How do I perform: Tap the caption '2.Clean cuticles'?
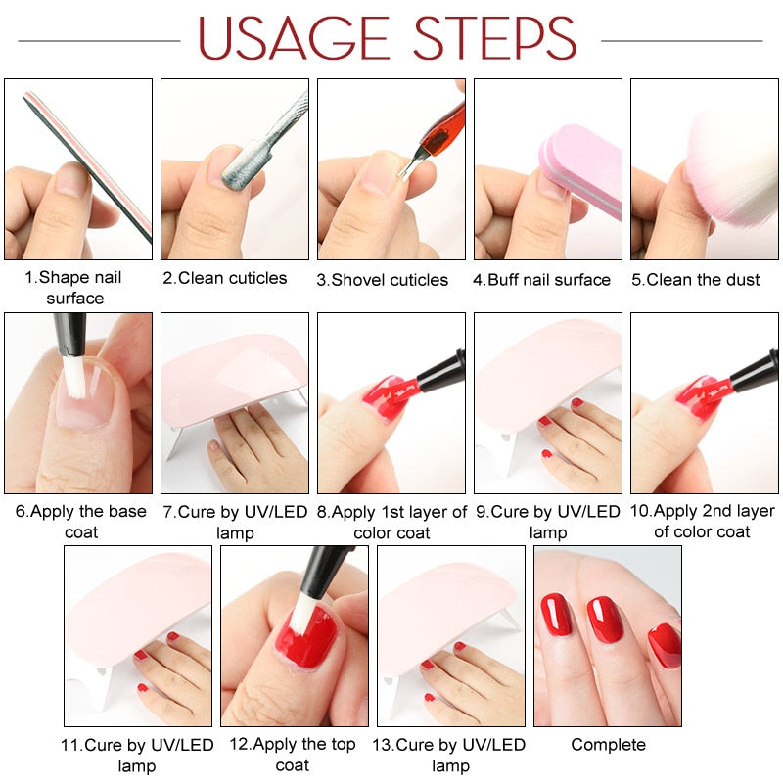[x=225, y=279]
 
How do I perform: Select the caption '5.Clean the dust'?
[x=695, y=280]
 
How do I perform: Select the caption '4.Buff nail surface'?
[x=541, y=280]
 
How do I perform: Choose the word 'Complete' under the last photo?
[x=608, y=745]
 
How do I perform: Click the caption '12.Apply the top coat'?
[x=293, y=754]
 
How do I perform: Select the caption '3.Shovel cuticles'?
[x=382, y=280]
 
